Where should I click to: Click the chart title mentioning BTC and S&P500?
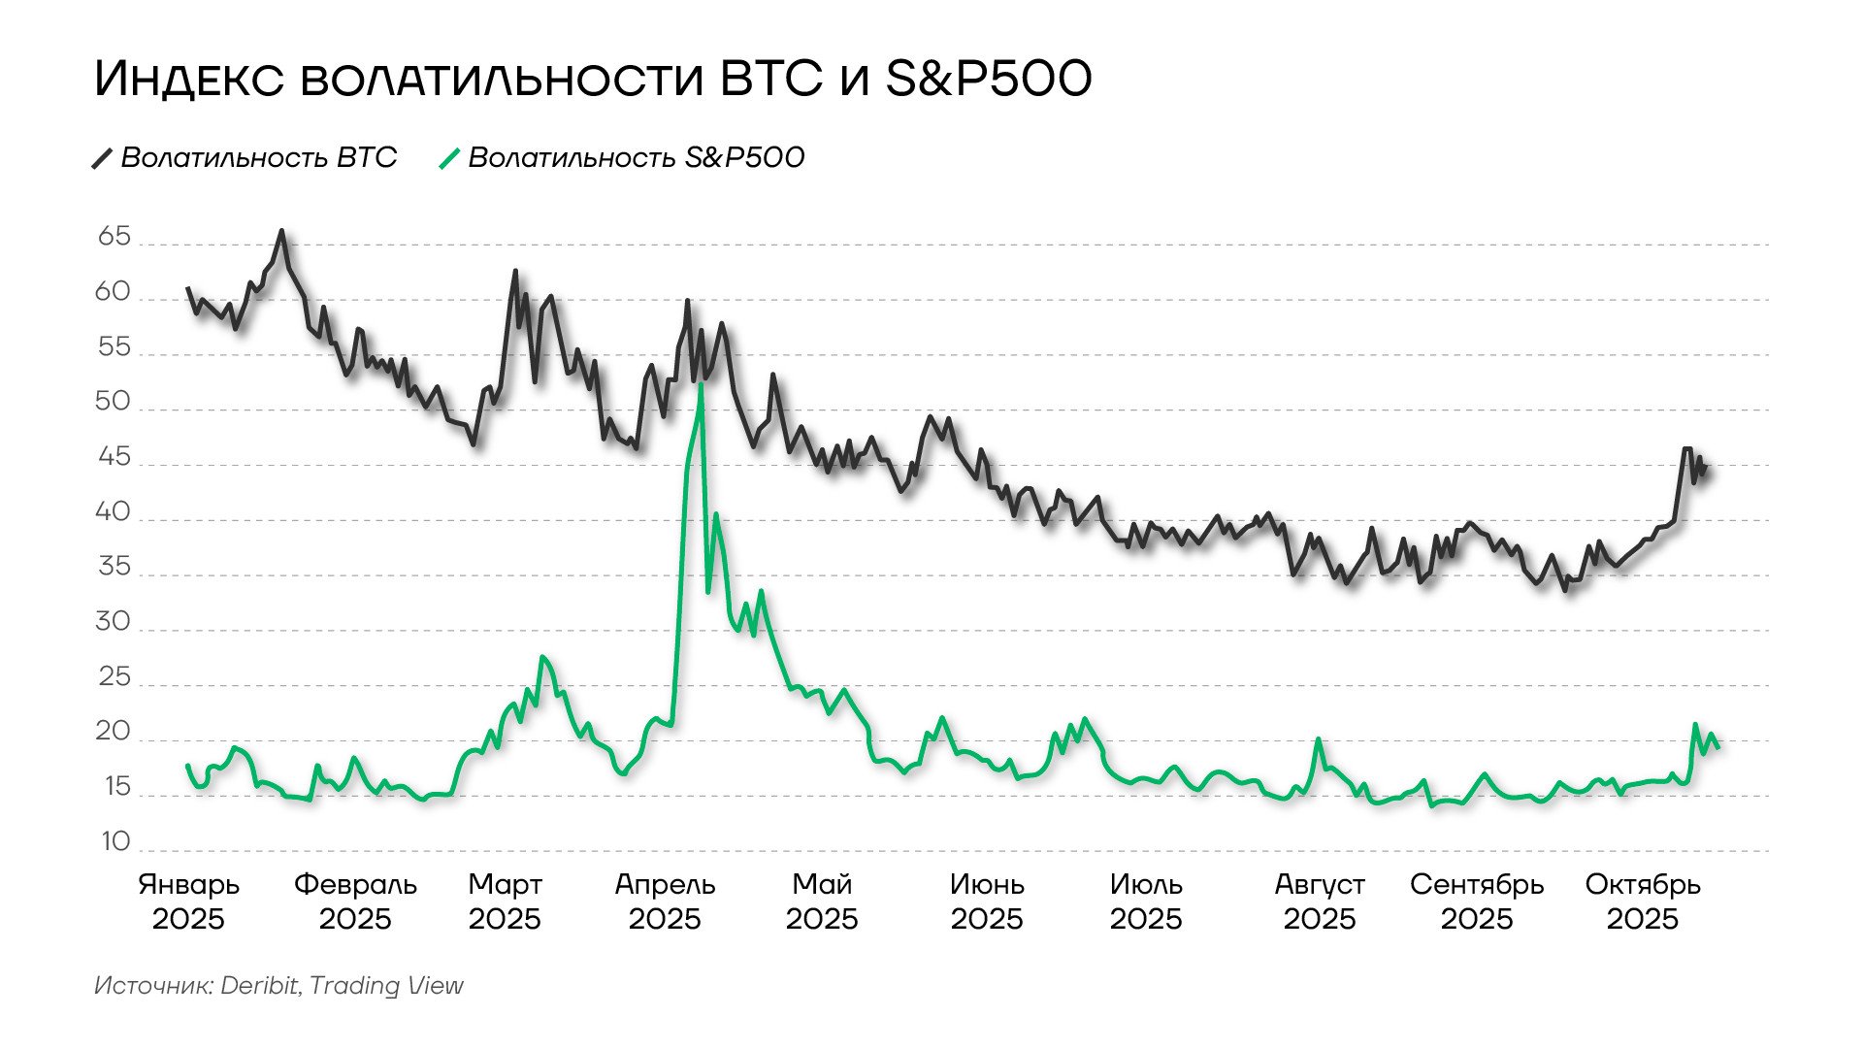593,79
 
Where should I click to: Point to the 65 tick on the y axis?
114,237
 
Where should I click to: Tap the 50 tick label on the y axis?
113,402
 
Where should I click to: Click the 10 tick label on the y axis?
114,841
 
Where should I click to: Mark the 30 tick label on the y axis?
113,622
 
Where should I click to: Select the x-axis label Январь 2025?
188,901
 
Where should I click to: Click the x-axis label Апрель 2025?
665,901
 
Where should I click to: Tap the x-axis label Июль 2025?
1146,901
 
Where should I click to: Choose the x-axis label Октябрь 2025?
1642,901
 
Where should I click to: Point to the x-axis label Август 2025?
1319,901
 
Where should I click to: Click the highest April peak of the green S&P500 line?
701,384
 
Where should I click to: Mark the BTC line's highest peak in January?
281,231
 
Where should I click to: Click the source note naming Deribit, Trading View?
278,986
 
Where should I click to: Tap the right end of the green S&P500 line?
1718,746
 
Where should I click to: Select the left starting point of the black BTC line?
188,288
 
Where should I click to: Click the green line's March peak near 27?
541,657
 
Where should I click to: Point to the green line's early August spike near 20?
1319,739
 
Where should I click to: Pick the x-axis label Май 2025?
822,901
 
